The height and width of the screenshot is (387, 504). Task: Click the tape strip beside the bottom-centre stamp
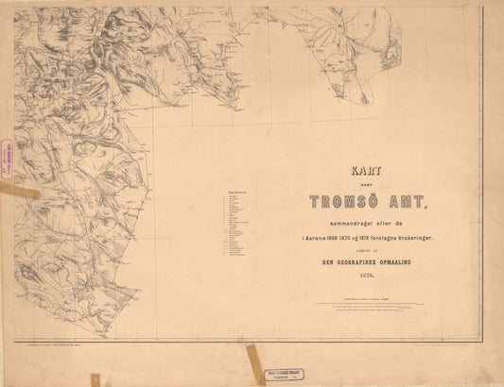click(253, 364)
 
